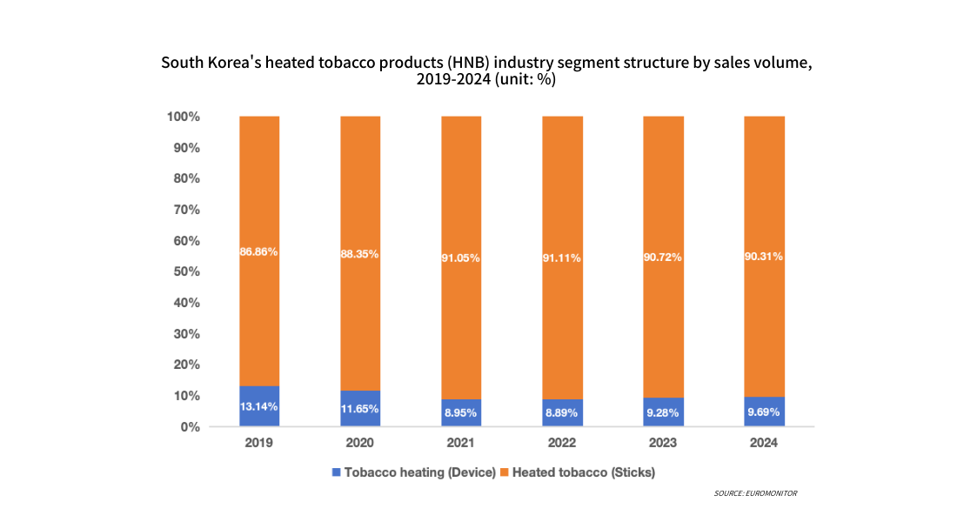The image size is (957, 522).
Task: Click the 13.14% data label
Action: click(x=259, y=407)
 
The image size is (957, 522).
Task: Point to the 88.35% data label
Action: click(x=360, y=255)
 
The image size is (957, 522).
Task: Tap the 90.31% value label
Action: click(x=764, y=257)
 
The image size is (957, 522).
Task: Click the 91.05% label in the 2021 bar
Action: click(x=461, y=258)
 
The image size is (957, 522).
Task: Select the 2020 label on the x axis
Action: click(x=360, y=443)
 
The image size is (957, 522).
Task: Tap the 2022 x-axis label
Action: click(x=562, y=443)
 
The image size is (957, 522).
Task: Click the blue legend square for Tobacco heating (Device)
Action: click(x=337, y=472)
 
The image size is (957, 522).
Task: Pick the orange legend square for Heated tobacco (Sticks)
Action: click(x=505, y=472)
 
